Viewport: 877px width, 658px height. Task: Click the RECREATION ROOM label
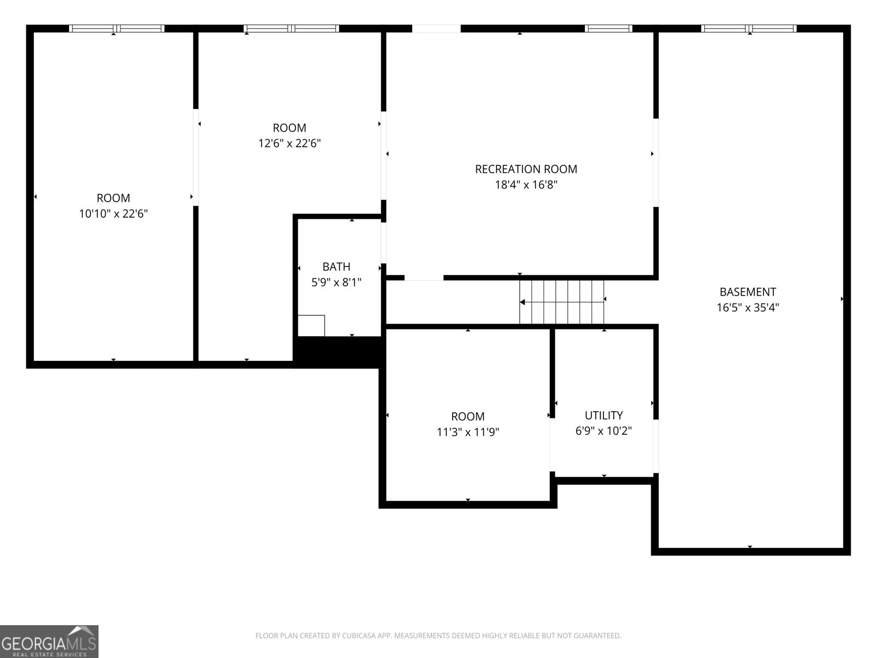tap(526, 169)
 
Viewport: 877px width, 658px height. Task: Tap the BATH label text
tap(336, 266)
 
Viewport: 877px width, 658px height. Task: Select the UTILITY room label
tap(603, 416)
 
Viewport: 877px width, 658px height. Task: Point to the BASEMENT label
tap(748, 292)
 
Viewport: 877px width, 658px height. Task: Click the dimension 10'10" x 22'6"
tap(113, 214)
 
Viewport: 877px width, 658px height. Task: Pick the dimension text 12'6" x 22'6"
tap(289, 143)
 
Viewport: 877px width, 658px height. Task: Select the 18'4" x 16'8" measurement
tap(526, 185)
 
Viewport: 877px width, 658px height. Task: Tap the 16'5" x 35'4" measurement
tap(748, 308)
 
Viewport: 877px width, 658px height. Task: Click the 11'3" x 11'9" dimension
tap(468, 432)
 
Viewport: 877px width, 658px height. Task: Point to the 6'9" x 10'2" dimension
tap(603, 430)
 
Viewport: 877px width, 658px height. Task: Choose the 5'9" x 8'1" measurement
tap(336, 282)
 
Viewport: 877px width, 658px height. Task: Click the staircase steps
tap(561, 302)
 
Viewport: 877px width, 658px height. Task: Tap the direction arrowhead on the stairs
tap(522, 302)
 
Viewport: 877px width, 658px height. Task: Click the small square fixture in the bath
tap(311, 326)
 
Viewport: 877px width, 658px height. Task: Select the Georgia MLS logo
tap(49, 641)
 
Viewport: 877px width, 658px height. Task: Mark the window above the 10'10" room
tap(116, 29)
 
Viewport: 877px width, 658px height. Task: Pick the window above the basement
tap(748, 29)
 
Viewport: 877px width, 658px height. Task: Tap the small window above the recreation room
tap(608, 29)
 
